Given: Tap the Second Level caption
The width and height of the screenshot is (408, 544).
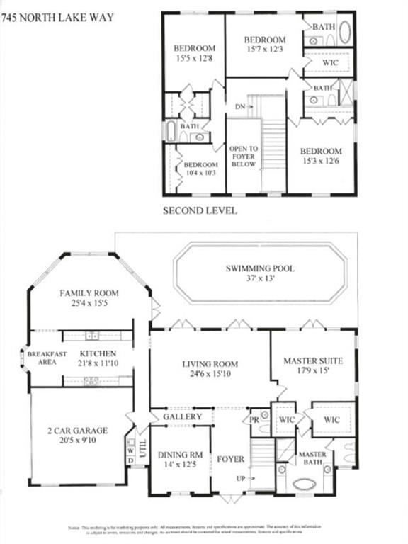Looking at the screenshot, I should tap(199, 210).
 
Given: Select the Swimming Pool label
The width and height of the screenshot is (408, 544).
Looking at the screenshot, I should tap(260, 268).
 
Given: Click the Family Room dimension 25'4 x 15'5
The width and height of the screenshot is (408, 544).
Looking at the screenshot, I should tap(89, 305).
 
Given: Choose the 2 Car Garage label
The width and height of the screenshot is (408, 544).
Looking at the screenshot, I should tap(78, 430).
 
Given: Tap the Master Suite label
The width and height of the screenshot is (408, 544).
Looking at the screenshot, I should tap(313, 361).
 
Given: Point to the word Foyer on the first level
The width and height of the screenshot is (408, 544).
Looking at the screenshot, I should tap(231, 459).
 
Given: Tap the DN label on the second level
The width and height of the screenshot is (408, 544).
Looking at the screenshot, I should tap(241, 106).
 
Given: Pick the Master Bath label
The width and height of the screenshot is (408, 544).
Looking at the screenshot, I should tap(311, 458).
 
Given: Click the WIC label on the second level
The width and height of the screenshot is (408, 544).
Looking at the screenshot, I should tap(327, 62).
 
